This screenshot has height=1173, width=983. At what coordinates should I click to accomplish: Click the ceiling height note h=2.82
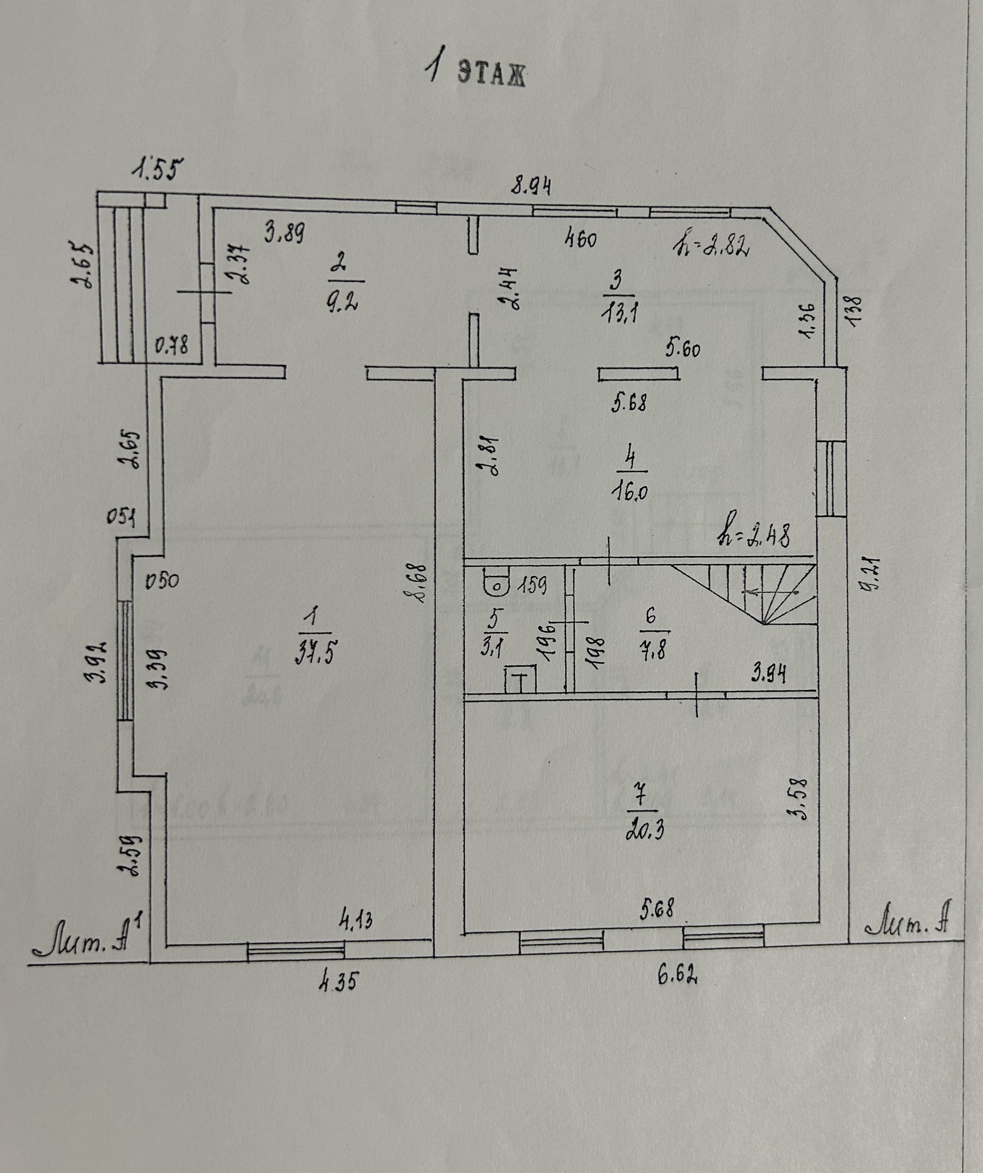(712, 246)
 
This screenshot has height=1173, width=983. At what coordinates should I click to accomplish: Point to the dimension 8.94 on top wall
(532, 185)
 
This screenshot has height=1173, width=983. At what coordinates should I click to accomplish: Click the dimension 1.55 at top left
(158, 167)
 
